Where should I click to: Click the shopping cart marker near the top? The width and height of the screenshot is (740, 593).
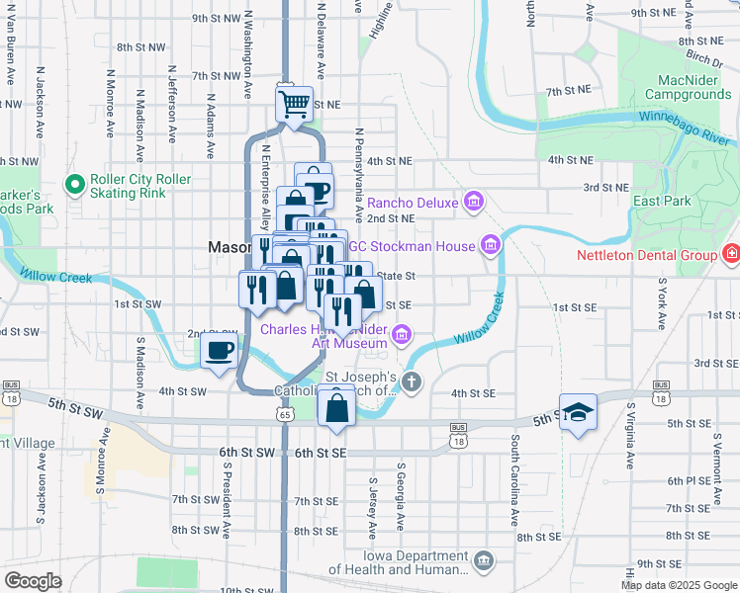click(294, 103)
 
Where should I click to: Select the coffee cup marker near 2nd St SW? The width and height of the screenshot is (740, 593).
click(220, 350)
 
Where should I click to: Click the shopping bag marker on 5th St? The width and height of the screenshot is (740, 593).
click(336, 406)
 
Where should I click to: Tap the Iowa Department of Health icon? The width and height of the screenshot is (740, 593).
click(483, 561)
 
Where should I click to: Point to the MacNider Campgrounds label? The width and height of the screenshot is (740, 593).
click(688, 87)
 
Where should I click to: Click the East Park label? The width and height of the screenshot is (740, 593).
click(663, 201)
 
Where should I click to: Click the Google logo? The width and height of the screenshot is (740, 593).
click(33, 581)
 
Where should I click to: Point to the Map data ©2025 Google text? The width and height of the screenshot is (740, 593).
click(678, 585)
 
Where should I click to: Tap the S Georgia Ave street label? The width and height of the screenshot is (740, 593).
click(401, 493)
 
